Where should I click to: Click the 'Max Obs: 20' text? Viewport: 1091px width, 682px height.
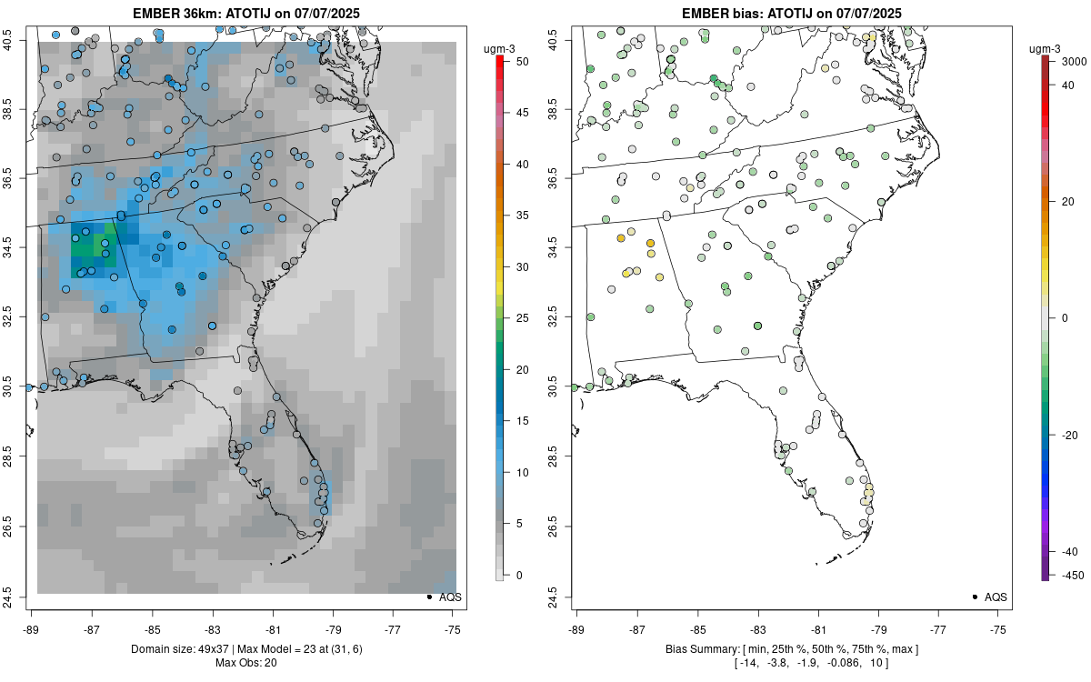click(245, 662)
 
